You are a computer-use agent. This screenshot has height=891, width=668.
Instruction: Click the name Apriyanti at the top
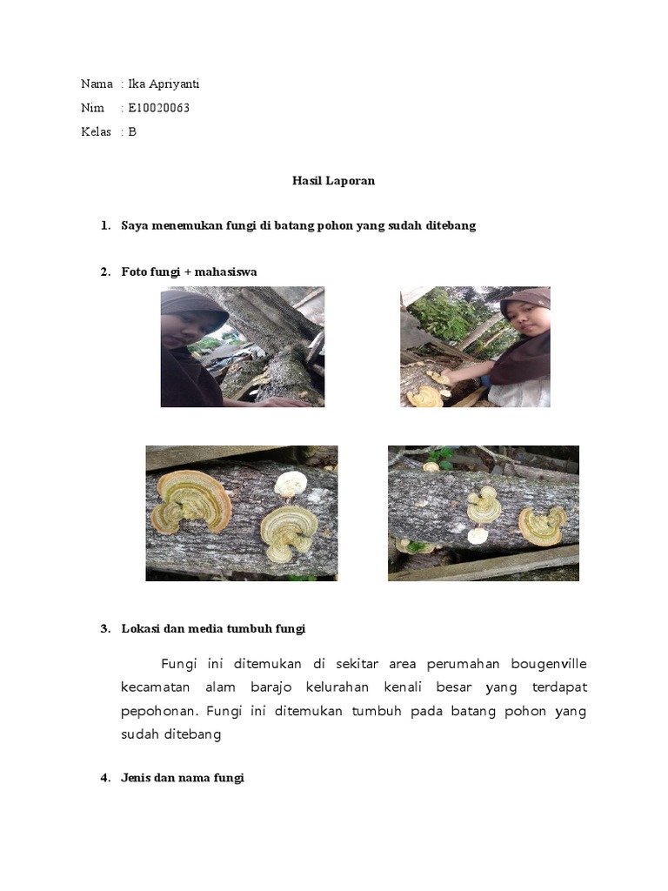(176, 84)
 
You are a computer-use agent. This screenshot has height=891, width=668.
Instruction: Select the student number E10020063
(158, 108)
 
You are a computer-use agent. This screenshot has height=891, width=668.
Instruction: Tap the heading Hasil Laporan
(333, 181)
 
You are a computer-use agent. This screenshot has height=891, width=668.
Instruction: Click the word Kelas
(96, 132)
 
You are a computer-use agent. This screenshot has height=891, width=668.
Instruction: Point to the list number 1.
(104, 225)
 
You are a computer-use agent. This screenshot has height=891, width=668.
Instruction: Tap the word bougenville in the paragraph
(550, 664)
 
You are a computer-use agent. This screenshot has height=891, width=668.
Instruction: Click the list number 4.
(104, 778)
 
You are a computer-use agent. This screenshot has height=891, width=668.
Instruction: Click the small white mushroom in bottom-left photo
(291, 483)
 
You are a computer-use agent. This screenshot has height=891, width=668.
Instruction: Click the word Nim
(91, 108)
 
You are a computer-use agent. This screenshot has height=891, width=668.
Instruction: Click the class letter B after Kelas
(132, 132)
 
